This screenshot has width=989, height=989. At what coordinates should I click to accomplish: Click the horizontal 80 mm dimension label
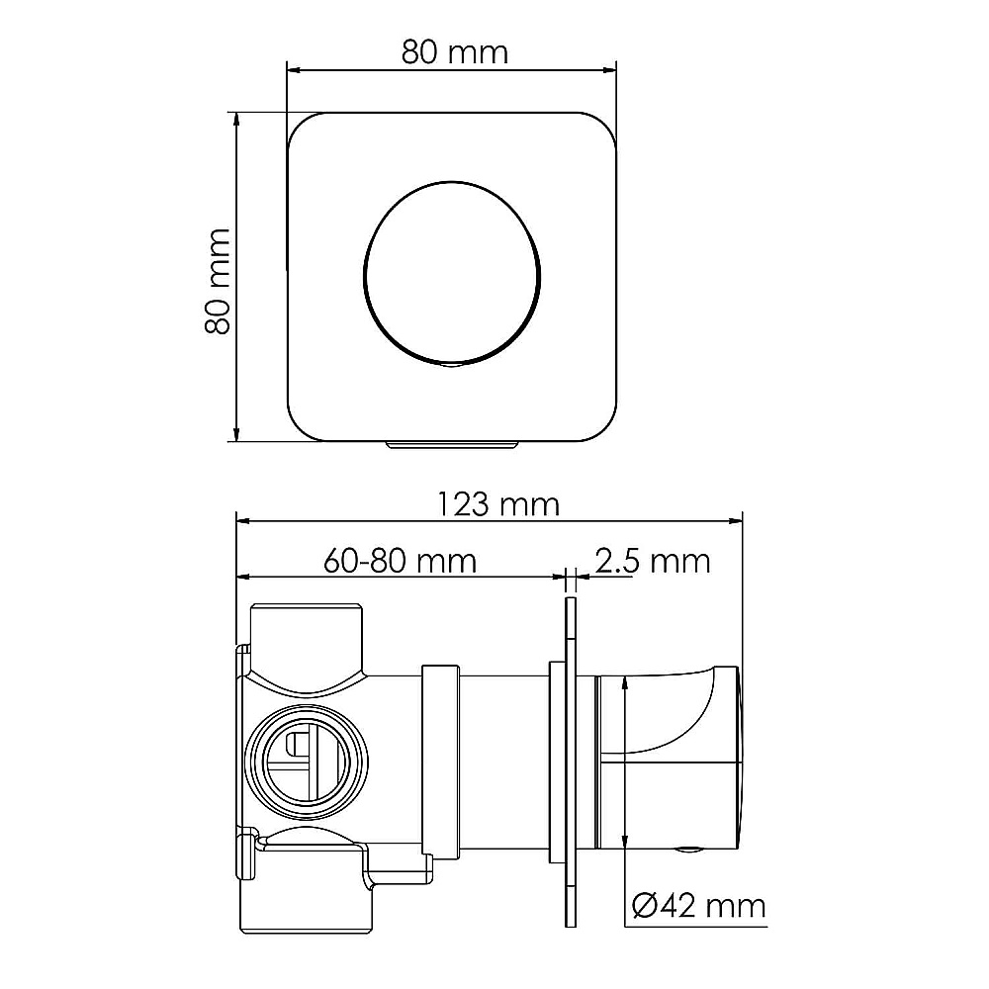coord(454,52)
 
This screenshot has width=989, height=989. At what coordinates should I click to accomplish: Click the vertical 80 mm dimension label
coord(218,281)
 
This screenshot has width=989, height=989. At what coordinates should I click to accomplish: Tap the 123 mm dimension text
coord(498,504)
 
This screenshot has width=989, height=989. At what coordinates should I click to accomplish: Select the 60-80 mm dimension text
coord(400,561)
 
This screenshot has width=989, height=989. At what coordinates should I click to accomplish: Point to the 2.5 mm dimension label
coord(653,561)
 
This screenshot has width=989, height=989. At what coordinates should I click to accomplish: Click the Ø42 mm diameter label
coord(698,906)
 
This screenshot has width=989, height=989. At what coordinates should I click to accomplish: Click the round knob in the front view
coord(452,273)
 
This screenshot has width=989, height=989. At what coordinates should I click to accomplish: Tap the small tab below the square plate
coord(452,445)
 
